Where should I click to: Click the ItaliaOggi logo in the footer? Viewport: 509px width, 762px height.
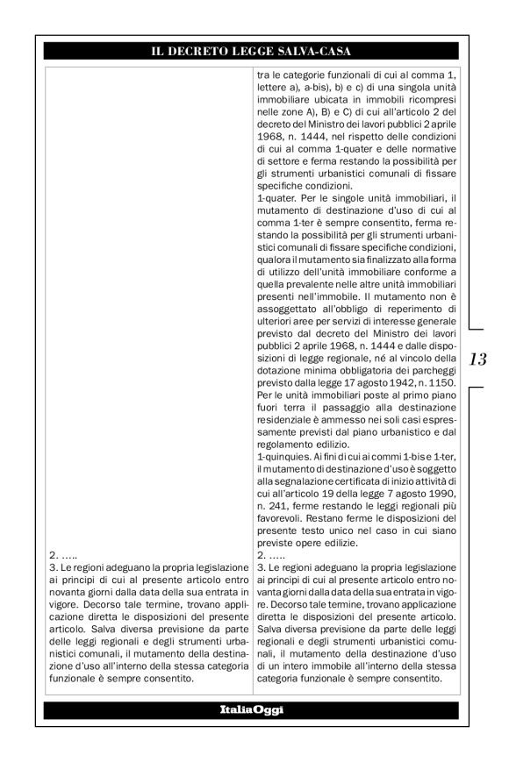(x=254, y=708)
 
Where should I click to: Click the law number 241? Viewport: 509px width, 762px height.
(x=280, y=508)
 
